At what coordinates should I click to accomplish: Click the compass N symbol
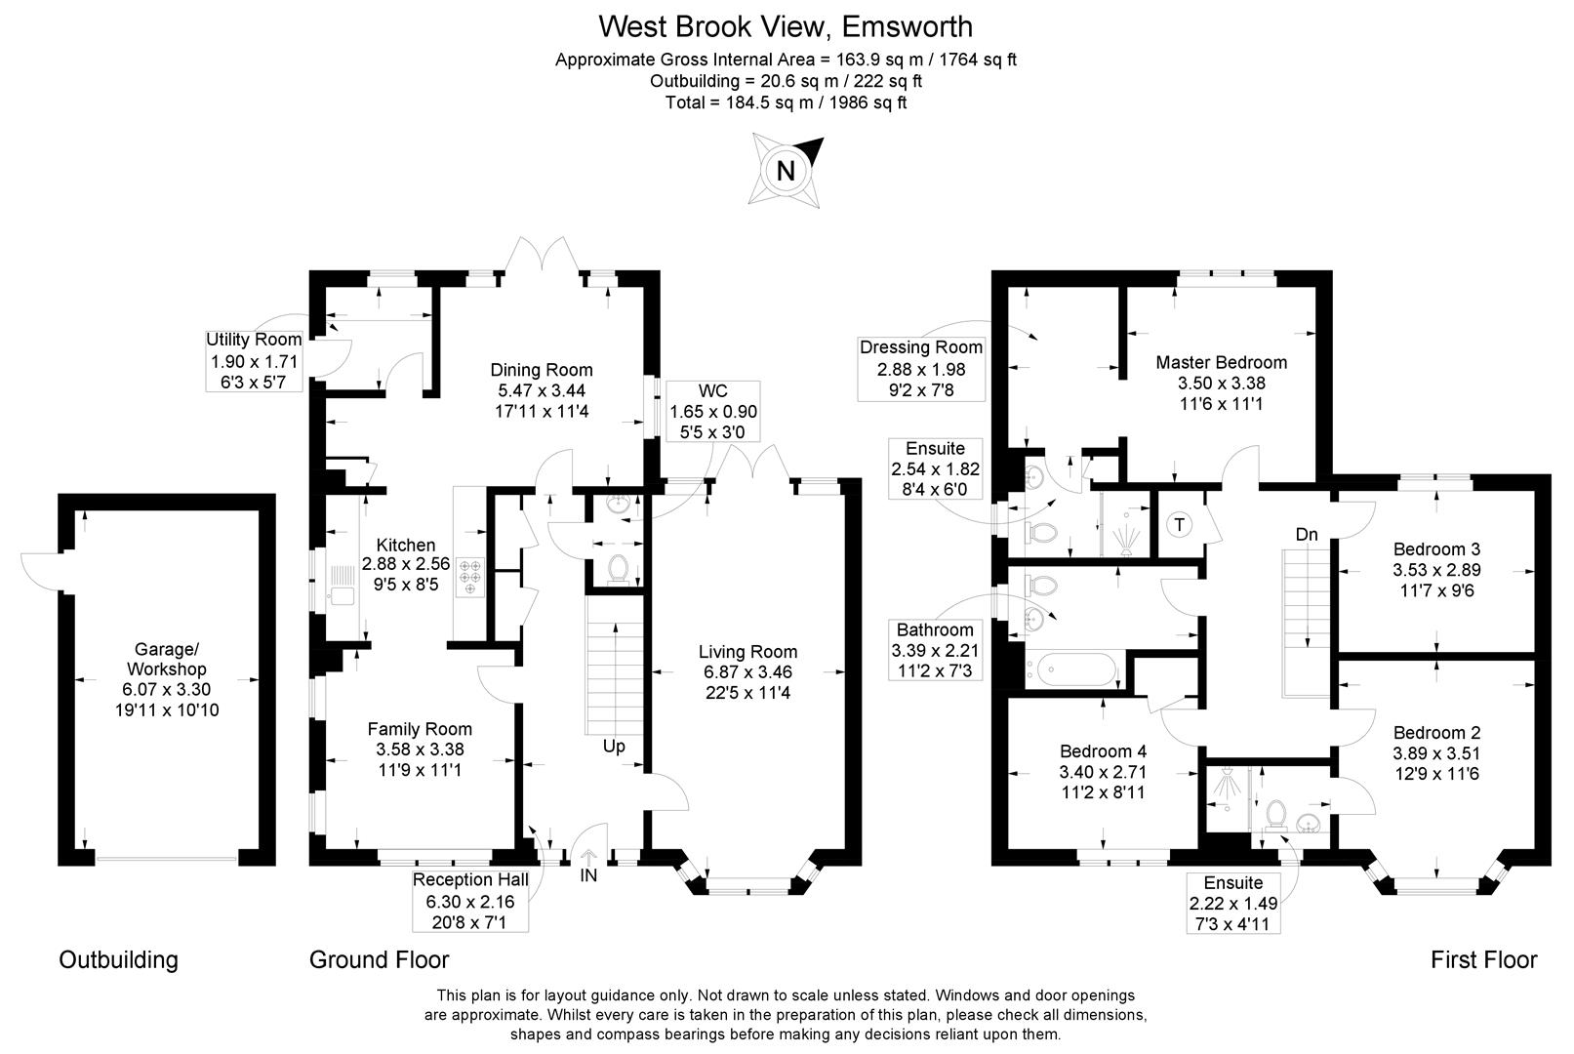pyautogui.click(x=786, y=172)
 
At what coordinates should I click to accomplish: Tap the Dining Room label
pyautogui.click(x=541, y=370)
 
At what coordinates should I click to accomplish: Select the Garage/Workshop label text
pyautogui.click(x=166, y=659)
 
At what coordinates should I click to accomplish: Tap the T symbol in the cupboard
pyautogui.click(x=1180, y=525)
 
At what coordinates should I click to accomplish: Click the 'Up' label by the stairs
pyautogui.click(x=614, y=747)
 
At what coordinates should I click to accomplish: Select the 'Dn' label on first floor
pyautogui.click(x=1307, y=534)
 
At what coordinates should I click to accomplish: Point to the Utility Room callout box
pyautogui.click(x=254, y=360)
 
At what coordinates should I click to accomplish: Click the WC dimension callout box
pyautogui.click(x=712, y=411)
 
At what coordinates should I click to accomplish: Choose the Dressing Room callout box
pyautogui.click(x=921, y=368)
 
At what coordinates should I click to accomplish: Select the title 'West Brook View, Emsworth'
pyautogui.click(x=786, y=25)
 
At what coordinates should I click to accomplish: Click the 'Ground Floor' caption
pyautogui.click(x=379, y=959)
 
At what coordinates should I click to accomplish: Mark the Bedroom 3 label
pyautogui.click(x=1436, y=548)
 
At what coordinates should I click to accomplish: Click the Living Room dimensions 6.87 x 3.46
pyautogui.click(x=747, y=672)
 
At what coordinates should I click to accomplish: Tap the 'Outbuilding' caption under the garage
pyautogui.click(x=119, y=959)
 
